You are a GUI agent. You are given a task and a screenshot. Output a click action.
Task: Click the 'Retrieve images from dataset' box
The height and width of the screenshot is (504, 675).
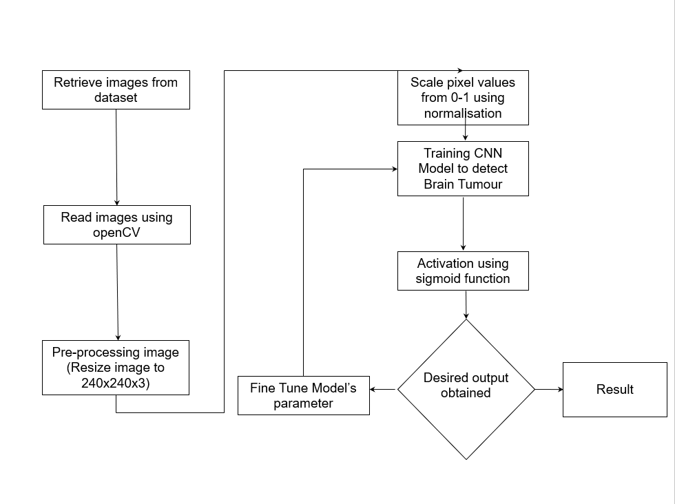(116, 90)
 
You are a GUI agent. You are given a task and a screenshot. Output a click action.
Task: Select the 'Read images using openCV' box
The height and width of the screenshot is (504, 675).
(116, 224)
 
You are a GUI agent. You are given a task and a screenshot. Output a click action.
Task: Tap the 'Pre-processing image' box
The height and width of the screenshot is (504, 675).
(116, 367)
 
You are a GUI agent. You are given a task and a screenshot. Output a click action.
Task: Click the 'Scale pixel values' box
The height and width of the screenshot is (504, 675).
(463, 97)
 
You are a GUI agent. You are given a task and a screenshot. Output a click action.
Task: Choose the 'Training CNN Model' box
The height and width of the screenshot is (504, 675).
(463, 169)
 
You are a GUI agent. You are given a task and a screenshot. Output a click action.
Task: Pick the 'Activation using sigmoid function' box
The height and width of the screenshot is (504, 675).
(463, 271)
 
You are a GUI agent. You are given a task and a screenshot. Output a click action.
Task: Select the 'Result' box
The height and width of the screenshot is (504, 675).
(614, 389)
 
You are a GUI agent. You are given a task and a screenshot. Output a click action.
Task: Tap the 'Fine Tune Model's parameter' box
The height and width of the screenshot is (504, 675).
(303, 395)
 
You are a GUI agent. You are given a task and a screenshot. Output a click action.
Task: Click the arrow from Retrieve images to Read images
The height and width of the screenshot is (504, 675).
(116, 157)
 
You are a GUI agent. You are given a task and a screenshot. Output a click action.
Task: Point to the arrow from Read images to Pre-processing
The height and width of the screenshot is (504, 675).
(118, 292)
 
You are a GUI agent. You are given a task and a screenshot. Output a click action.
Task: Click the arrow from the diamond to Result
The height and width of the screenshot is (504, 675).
(549, 389)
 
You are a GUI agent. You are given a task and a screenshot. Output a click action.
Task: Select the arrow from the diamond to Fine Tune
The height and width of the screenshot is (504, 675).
(383, 390)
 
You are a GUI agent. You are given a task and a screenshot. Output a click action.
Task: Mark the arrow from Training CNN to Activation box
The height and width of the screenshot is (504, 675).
(463, 224)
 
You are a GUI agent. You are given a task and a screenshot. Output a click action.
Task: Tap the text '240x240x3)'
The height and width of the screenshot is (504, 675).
(116, 383)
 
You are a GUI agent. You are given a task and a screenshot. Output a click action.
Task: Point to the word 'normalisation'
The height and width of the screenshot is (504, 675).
(463, 113)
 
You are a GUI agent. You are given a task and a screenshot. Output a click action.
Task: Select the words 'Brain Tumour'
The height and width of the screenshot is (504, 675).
(463, 184)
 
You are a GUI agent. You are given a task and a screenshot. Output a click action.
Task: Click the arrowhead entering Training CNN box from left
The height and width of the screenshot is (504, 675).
(394, 169)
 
